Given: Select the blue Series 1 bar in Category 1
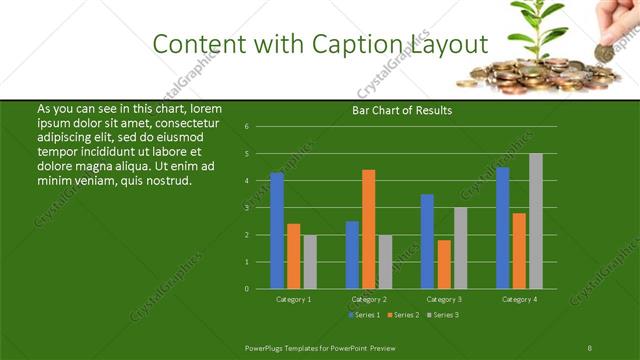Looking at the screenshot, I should (x=277, y=230).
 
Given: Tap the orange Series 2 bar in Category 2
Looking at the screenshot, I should (x=369, y=229).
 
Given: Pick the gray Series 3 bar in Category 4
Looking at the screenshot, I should (x=536, y=221).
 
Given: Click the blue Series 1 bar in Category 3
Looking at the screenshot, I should (x=427, y=241).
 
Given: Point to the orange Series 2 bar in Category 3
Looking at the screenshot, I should (x=444, y=264).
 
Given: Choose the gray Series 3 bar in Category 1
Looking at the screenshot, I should (x=310, y=261).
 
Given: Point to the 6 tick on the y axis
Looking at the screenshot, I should (x=246, y=127).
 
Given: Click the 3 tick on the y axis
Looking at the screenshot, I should (x=246, y=208).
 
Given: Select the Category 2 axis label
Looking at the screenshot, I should (x=368, y=299).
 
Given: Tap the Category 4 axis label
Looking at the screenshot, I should (x=519, y=299).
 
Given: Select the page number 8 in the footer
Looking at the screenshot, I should (x=590, y=347).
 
